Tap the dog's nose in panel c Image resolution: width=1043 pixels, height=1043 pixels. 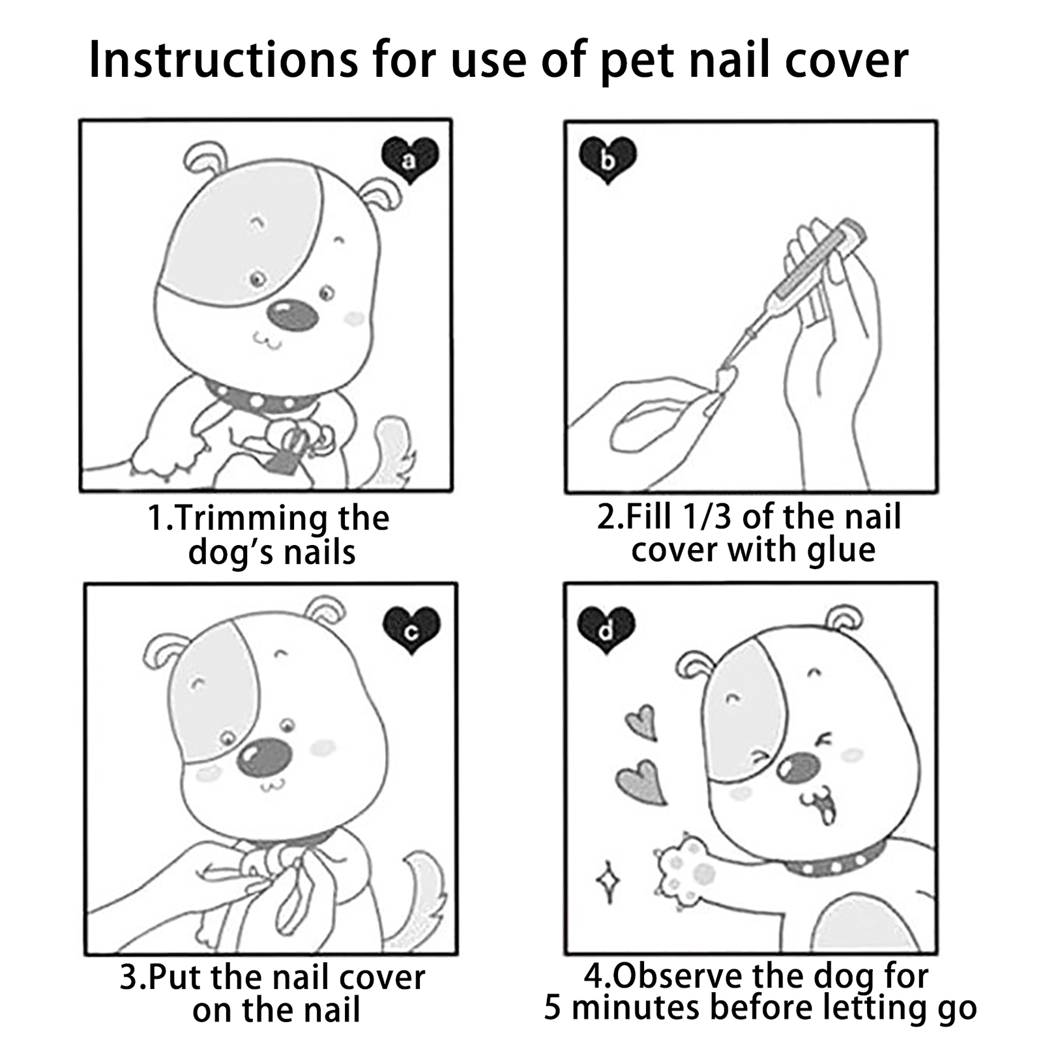[263, 757]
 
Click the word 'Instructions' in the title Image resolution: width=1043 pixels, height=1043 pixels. [223, 60]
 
